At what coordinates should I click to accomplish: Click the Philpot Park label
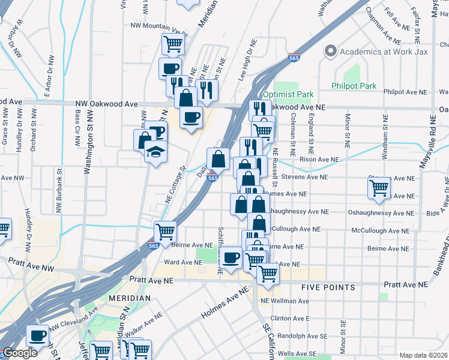tap(354, 86)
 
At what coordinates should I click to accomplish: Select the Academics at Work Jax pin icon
tap(330, 52)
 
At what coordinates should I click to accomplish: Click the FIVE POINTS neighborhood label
tap(330, 287)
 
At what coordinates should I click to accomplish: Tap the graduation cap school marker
tap(155, 152)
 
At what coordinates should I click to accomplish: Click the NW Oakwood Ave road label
tap(106, 104)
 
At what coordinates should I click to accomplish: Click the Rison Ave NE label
tap(319, 160)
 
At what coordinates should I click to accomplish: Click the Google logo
tap(20, 353)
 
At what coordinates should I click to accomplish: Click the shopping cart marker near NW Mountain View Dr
tap(173, 43)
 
